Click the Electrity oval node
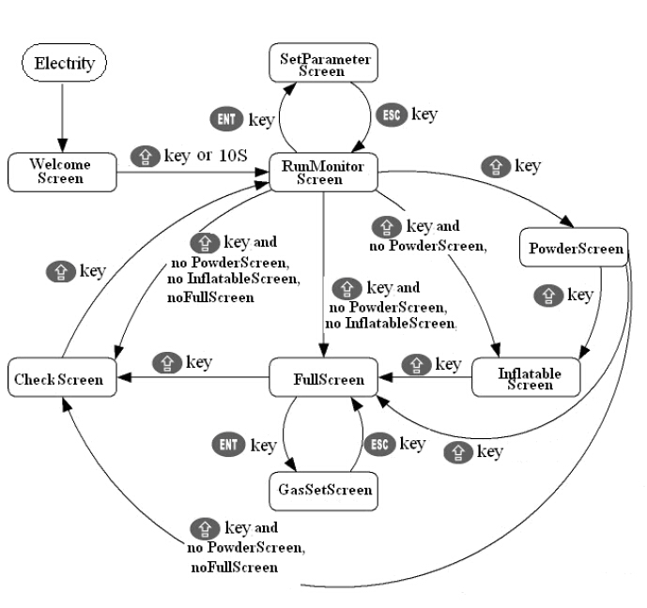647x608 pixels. tap(64, 64)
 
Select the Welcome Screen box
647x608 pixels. tap(61, 171)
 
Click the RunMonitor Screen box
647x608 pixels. tap(323, 173)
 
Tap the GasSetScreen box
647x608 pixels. tap(325, 489)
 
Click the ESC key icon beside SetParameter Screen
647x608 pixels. tap(393, 114)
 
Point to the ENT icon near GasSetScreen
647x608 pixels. tap(231, 446)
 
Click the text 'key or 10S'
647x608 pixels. tap(206, 155)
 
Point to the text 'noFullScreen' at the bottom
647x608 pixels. tap(234, 568)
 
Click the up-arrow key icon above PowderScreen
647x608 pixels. tap(495, 167)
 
